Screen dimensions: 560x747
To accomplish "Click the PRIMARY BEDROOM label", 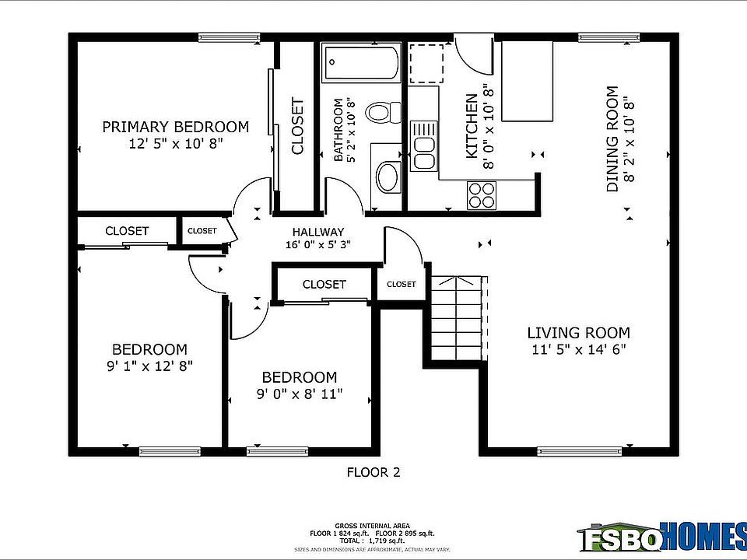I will pos(176,127).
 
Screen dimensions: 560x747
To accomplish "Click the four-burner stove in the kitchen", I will pos(482,194).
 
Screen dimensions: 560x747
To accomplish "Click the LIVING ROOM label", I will pos(578,333).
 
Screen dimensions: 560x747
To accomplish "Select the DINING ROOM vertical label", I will pos(612,139).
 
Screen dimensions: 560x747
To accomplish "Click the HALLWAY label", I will pos(317,232).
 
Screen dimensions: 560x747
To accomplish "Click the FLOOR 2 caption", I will pos(373,471).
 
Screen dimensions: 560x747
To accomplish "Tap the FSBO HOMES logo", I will pos(661,536).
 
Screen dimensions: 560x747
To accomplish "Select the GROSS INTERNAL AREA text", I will pos(373,526).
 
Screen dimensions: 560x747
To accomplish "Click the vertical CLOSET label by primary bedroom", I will pos(297,125).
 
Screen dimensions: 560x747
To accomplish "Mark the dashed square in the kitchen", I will pos(426,63).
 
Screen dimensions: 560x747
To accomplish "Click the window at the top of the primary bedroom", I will pos(229,37).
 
